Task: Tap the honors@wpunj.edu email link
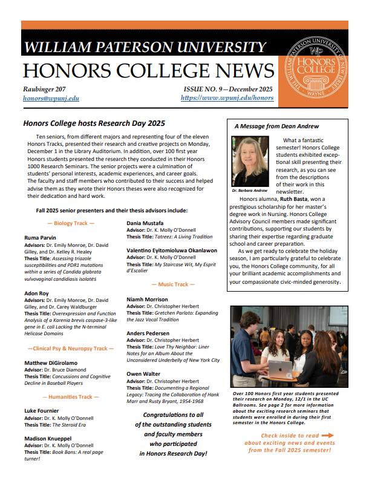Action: point(51,98)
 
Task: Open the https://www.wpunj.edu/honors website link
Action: point(227,98)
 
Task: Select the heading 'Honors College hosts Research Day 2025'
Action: point(94,123)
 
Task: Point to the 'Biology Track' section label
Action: point(71,223)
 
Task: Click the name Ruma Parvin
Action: point(41,238)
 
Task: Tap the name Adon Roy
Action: point(37,292)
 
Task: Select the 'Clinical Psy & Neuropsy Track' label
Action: point(70,349)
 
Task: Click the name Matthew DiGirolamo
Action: point(51,363)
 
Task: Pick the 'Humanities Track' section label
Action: point(71,397)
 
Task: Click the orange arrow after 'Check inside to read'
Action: point(327,435)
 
